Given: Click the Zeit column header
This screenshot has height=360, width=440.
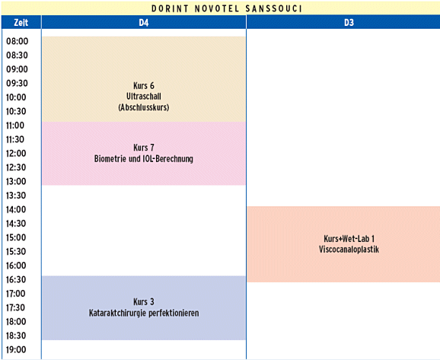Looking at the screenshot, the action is (21, 22).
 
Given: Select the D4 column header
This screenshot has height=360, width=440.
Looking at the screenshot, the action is (144, 22).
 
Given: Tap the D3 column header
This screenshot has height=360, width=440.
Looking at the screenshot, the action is (349, 22).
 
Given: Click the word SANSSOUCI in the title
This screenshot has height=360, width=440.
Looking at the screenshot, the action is (273, 8).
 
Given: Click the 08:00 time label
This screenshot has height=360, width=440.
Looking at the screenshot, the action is (17, 41).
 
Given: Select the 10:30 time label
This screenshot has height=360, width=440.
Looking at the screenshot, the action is (16, 111).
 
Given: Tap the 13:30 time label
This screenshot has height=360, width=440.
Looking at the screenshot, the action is (16, 196).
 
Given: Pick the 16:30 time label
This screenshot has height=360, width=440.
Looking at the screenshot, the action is (16, 279).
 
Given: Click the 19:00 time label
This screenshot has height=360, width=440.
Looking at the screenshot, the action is (16, 349).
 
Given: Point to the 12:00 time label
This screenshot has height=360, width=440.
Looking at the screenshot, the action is (16, 154).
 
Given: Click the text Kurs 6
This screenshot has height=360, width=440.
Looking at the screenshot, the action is (144, 85).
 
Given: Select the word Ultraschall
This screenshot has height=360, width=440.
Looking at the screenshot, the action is (144, 97).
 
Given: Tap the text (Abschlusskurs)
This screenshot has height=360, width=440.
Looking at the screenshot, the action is (144, 107).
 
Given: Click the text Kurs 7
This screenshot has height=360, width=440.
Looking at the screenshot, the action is (144, 148).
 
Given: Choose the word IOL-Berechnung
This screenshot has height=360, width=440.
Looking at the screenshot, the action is (169, 159).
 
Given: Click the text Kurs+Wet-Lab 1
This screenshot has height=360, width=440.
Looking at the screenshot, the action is (349, 239).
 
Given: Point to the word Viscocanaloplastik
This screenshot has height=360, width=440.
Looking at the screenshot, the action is (349, 250).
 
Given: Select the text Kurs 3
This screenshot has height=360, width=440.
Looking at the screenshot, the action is (144, 302).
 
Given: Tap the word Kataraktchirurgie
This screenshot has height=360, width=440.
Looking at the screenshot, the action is (117, 313).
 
